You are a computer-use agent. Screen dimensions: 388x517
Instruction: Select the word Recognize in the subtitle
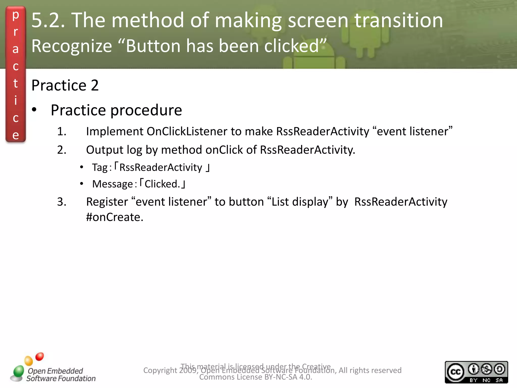72,46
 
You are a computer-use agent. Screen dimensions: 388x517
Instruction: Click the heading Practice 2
65,85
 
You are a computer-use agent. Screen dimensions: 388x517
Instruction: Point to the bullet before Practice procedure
34,110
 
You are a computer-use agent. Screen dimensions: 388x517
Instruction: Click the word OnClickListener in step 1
187,131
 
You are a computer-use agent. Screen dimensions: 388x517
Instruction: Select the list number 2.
62,150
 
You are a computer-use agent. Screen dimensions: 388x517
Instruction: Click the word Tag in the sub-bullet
100,168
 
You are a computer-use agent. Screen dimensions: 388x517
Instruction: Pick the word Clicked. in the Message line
162,184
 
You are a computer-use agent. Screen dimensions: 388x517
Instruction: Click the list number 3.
62,202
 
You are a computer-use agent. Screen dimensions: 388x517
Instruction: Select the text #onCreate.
115,217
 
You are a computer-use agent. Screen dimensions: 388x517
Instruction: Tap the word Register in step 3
107,202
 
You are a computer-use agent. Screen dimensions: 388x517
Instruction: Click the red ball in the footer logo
40,356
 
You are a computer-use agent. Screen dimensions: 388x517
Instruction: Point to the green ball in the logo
19,371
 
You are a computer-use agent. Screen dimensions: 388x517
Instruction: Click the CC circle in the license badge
455,372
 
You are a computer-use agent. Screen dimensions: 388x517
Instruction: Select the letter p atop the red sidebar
16,15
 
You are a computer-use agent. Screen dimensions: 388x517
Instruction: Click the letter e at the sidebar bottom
16,135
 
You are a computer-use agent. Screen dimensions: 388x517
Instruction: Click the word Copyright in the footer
160,370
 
